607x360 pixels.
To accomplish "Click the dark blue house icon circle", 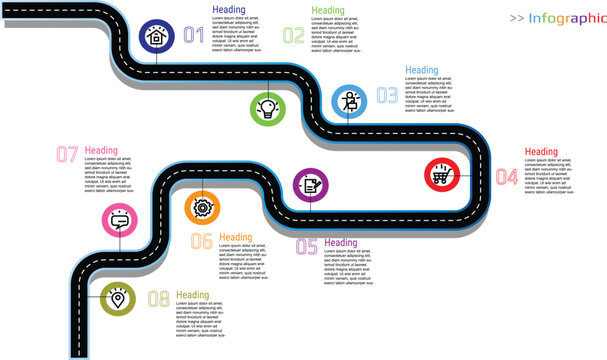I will pos(156,36).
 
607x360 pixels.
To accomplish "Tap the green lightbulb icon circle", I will pos(267,108).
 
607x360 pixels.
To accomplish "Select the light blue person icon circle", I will pos(350,102).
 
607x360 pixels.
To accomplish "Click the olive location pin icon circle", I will pos(118,297).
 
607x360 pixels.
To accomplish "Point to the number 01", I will pos(194,36).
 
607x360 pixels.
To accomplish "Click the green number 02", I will pos(293,36).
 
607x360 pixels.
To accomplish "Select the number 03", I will pos(386,96).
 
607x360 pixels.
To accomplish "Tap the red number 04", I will pos(506,177).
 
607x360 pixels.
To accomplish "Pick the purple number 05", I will pos(306,246).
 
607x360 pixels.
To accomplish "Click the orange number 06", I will pos(201,240).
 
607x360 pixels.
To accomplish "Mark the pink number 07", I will pos(67,154).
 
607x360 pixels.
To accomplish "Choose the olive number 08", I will pos(158,298).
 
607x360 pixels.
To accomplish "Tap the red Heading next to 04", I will pos(541,152).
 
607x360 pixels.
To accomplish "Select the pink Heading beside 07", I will pos(101,151).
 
